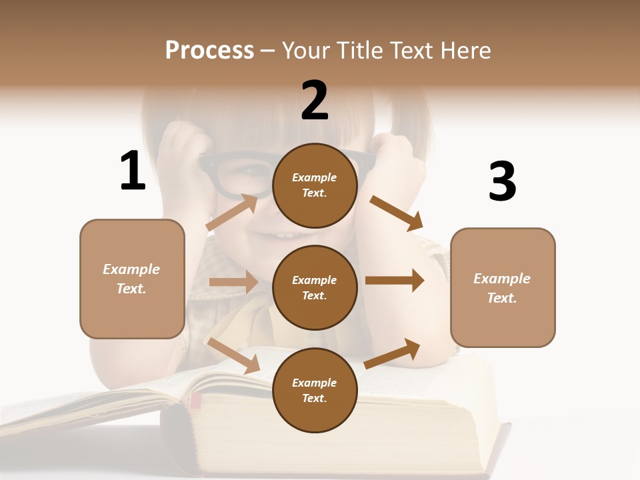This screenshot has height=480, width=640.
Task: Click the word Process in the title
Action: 209,50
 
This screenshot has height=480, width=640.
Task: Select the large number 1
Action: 133,171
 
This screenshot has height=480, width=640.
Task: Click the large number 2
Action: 315,100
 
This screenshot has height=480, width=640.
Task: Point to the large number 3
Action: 502,181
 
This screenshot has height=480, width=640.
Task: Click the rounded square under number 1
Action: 132,279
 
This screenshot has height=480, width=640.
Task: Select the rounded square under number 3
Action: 503,288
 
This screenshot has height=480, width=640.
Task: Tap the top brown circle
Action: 315,185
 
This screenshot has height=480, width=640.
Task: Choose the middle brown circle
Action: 315,287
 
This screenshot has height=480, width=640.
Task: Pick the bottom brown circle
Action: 315,390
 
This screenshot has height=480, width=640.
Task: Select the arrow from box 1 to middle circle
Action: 233,282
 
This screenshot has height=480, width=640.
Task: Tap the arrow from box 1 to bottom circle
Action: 233,355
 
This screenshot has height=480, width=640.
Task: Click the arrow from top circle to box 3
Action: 396,213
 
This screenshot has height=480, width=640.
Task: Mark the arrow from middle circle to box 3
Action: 394,281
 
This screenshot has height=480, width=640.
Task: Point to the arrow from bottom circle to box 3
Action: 393,353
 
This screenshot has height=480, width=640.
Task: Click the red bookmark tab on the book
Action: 196,400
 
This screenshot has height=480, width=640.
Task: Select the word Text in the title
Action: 411,50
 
